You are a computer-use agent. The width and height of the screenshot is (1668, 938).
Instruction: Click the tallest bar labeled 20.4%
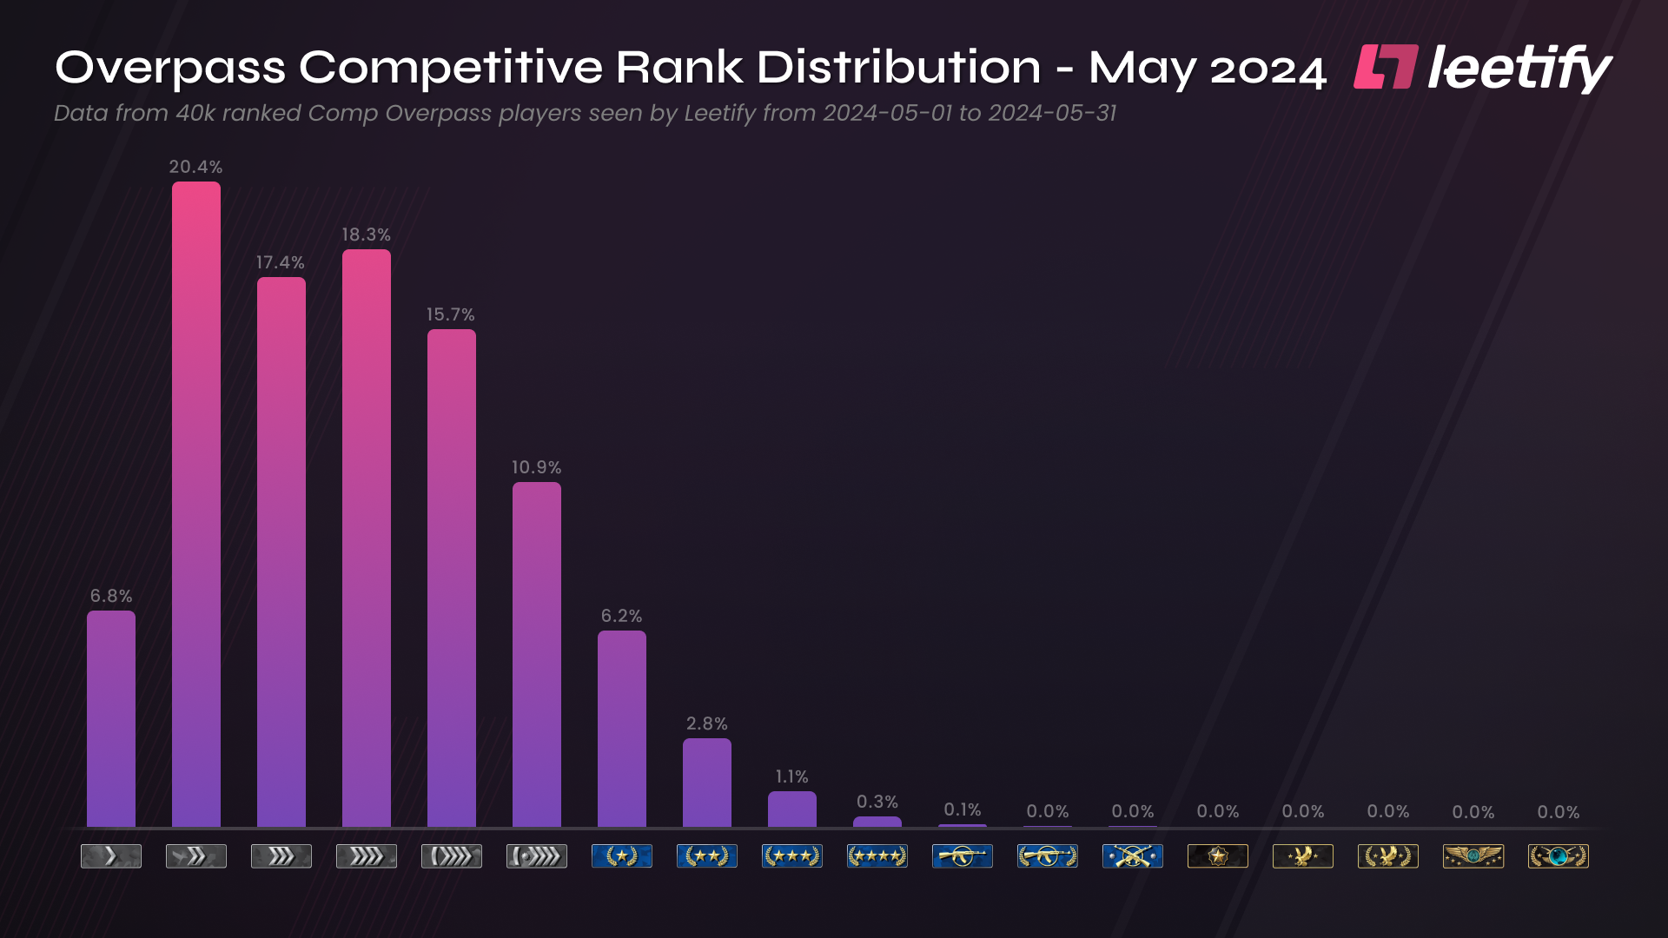[196, 504]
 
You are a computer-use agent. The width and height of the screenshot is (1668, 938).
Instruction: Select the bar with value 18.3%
[367, 538]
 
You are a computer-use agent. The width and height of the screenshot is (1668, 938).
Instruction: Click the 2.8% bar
[707, 783]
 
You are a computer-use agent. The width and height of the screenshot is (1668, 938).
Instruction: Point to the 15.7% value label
[450, 314]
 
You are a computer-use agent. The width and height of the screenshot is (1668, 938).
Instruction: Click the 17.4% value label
[280, 262]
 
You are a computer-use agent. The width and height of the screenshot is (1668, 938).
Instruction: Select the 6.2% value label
[621, 616]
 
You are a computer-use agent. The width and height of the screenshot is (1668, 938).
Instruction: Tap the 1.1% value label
[791, 776]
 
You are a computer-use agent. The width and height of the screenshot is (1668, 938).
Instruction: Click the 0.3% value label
[877, 802]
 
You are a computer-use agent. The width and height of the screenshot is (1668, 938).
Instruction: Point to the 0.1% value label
[962, 809]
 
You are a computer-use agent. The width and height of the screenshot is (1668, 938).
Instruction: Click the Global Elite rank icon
[1558, 856]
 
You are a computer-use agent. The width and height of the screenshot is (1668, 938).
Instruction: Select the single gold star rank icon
[621, 856]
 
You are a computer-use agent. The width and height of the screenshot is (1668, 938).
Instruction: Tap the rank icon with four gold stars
[877, 856]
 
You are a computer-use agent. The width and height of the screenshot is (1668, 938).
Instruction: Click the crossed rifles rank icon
[1132, 856]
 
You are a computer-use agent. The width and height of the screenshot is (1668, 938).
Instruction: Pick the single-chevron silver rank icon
[111, 856]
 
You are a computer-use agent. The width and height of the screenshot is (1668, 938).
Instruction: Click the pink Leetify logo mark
[1386, 67]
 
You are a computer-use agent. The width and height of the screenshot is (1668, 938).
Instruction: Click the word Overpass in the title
[170, 68]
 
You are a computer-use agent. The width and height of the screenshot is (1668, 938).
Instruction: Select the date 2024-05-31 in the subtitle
[1052, 114]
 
